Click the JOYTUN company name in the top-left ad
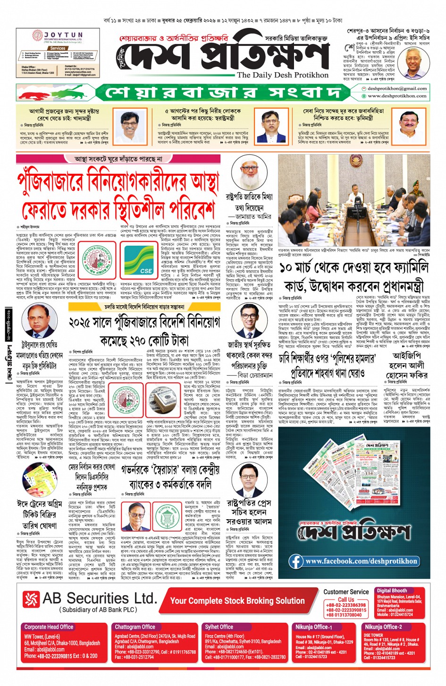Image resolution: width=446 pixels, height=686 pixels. [63, 35]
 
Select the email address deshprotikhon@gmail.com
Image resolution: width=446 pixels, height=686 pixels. [397, 88]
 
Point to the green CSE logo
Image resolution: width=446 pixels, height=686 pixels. [140, 261]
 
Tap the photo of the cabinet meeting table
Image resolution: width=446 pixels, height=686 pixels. [354, 201]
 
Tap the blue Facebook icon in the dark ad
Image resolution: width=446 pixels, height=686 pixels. [296, 561]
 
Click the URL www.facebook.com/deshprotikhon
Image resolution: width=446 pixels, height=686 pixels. [361, 561]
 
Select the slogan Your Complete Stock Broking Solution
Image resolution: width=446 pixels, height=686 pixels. [237, 600]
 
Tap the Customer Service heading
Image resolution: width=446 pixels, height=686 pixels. [346, 592]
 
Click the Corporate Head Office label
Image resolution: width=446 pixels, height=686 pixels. [49, 627]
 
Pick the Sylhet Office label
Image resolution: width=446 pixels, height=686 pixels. [219, 627]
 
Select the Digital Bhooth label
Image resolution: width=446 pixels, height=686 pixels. [392, 591]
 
